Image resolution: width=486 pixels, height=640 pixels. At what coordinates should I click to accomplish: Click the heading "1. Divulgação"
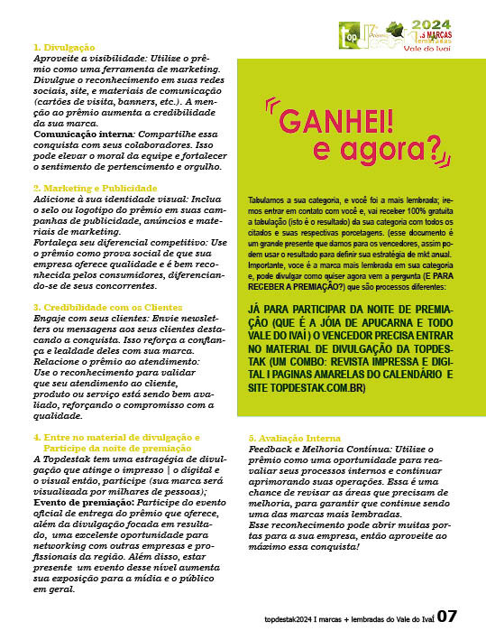coord(64,46)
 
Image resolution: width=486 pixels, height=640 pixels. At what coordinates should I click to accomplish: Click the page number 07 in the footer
coord(449,617)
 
